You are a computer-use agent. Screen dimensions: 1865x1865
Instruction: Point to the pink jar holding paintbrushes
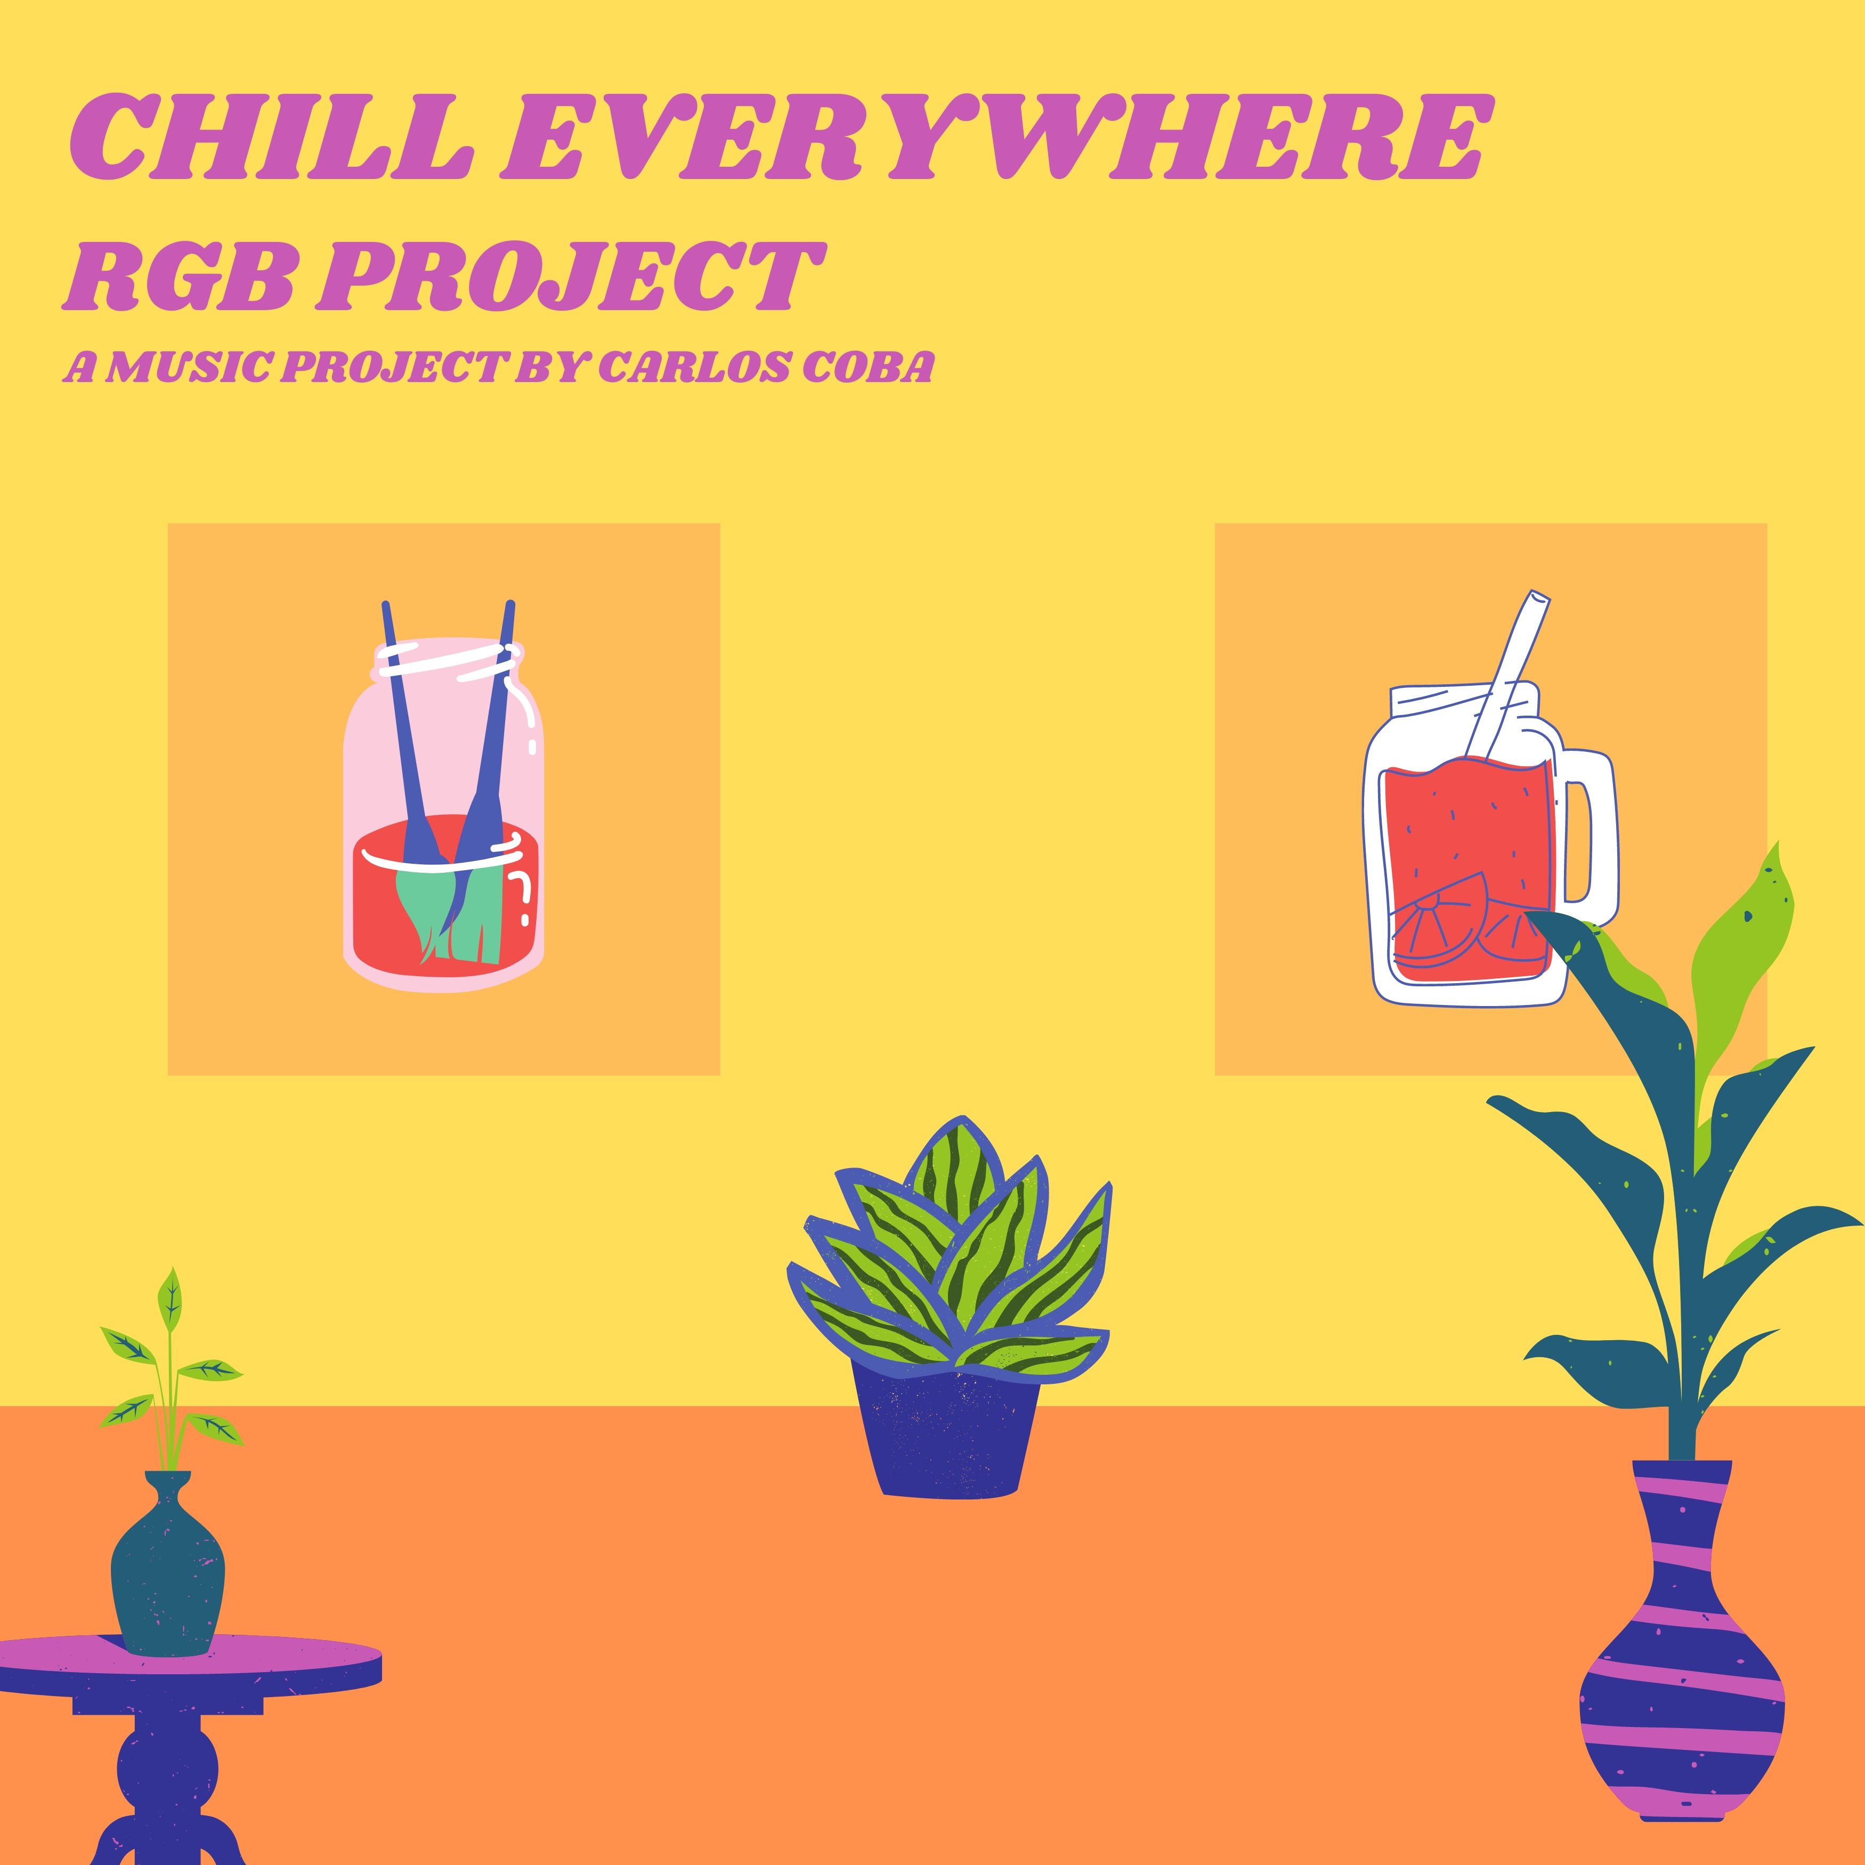(443, 811)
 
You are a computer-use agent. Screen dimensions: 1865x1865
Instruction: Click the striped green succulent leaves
(951, 1255)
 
